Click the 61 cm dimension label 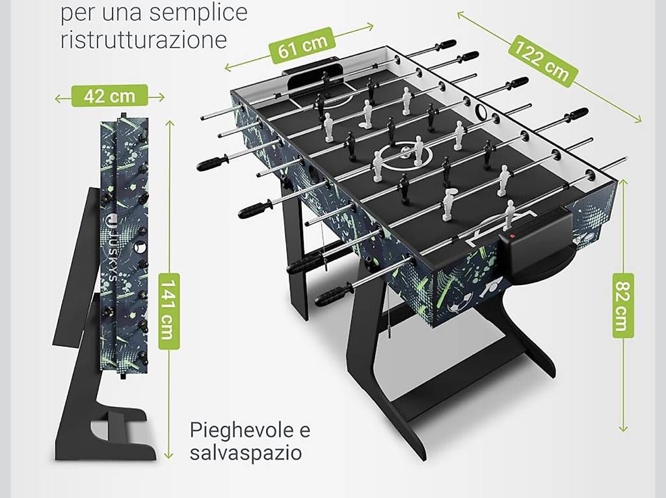point(302,46)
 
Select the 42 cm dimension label point(109,96)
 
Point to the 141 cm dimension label point(168,311)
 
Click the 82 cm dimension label point(623,306)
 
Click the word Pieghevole point(250,431)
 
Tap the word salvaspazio point(245,452)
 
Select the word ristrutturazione point(144,40)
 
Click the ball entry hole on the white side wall point(481,111)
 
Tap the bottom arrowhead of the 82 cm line point(623,428)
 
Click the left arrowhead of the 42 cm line point(59,99)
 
